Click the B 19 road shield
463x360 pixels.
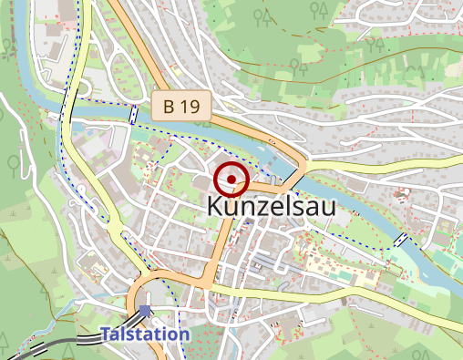coord(181,107)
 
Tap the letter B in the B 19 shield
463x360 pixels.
coord(169,107)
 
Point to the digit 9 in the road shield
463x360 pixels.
coord(193,107)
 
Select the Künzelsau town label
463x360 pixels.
coord(271,208)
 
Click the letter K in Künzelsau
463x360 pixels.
coord(214,208)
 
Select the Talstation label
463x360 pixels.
coord(145,334)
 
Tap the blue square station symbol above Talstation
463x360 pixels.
coord(146,312)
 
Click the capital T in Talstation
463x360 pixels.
coord(106,334)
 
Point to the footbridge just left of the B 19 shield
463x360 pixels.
coord(134,114)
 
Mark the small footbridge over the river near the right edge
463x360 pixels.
coord(400,239)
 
